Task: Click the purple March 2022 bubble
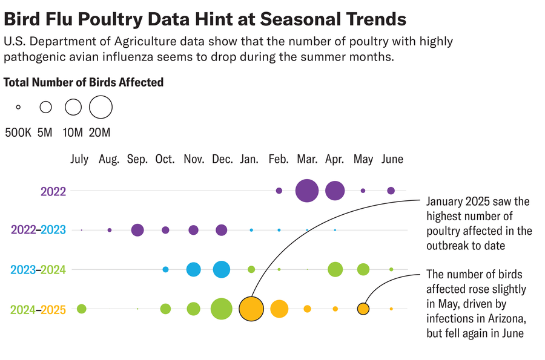pyautogui.click(x=307, y=191)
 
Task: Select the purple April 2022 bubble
pyautogui.click(x=335, y=191)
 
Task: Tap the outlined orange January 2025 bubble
pyautogui.click(x=251, y=309)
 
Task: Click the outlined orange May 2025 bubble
pyautogui.click(x=363, y=309)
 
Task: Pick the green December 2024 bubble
pyautogui.click(x=222, y=309)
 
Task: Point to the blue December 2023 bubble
pyautogui.click(x=222, y=269)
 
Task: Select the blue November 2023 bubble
pyautogui.click(x=194, y=269)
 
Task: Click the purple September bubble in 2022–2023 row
pyautogui.click(x=137, y=230)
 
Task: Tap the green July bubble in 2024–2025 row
pyautogui.click(x=82, y=309)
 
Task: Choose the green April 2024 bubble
pyautogui.click(x=335, y=269)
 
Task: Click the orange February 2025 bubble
pyautogui.click(x=279, y=309)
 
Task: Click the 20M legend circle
pyautogui.click(x=101, y=107)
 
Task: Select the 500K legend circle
pyautogui.click(x=18, y=107)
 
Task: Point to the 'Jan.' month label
pyautogui.click(x=249, y=159)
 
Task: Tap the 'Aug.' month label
pyautogui.click(x=109, y=159)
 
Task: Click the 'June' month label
pyautogui.click(x=392, y=159)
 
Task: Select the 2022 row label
pyautogui.click(x=53, y=191)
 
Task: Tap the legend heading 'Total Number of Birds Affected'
pyautogui.click(x=84, y=82)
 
